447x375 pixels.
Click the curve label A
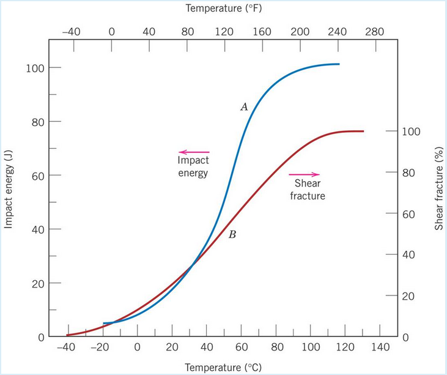[243, 106]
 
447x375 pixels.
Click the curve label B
[232, 234]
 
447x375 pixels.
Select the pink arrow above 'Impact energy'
[194, 152]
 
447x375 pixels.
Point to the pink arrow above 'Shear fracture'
[304, 174]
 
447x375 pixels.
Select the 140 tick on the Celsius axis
[380, 347]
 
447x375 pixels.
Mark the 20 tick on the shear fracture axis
[407, 296]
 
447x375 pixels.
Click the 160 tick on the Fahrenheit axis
[262, 32]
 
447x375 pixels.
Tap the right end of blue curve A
[339, 64]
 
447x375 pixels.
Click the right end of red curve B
[363, 131]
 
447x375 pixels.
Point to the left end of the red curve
[67, 335]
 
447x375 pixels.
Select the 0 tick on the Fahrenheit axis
[111, 32]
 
